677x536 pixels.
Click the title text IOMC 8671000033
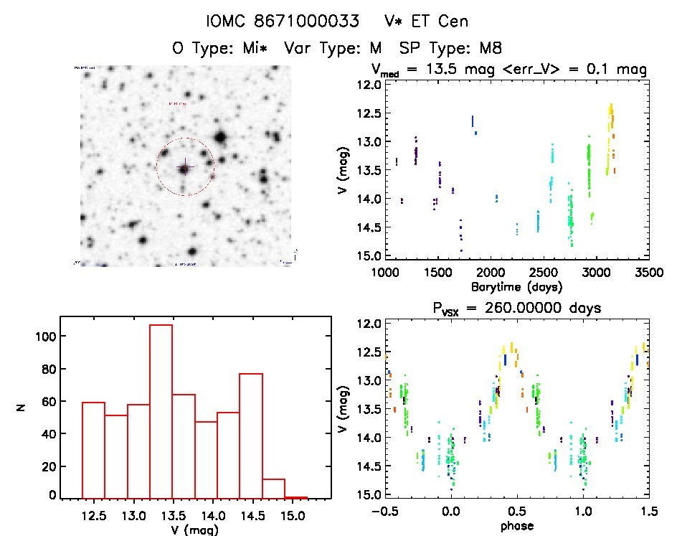click(275, 22)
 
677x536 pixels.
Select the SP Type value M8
click(488, 49)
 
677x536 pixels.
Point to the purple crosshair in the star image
click(184, 166)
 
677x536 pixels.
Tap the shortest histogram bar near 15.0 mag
click(295, 497)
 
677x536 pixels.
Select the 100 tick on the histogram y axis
click(51, 337)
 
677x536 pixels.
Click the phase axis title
click(516, 527)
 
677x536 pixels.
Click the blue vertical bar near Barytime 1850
click(473, 121)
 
